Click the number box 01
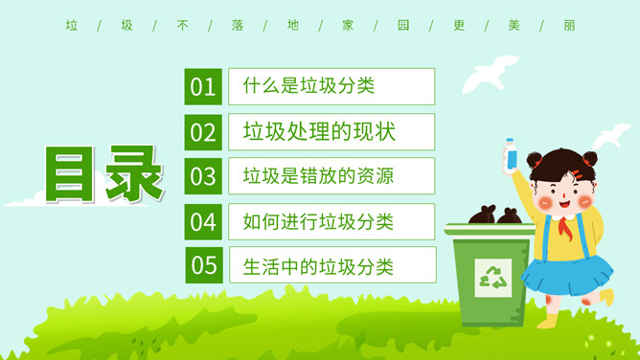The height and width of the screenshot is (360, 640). point(203,87)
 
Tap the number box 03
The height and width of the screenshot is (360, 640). point(203,176)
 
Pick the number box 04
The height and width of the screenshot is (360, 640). point(203,221)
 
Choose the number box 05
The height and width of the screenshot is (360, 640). point(203,265)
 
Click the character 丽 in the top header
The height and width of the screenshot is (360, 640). point(569,26)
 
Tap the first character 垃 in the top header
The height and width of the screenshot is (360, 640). point(71,26)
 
